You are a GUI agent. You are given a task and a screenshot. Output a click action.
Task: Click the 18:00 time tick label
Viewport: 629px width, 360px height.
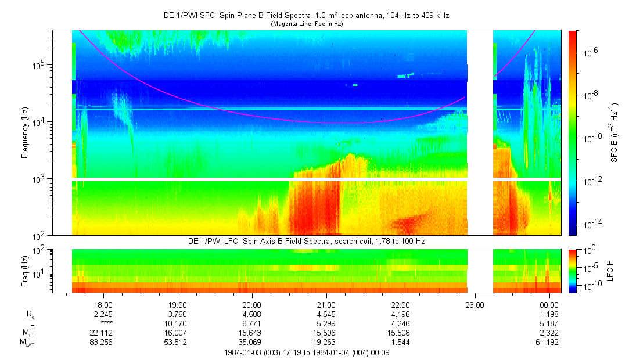click(x=103, y=304)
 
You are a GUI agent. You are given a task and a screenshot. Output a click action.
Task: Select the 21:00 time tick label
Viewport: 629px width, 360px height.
click(x=326, y=304)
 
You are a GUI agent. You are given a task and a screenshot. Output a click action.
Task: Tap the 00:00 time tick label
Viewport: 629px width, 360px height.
click(x=549, y=304)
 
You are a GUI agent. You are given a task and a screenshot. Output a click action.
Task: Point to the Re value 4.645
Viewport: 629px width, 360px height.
click(x=326, y=314)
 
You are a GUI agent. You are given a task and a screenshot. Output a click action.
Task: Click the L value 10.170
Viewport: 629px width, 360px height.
click(x=177, y=323)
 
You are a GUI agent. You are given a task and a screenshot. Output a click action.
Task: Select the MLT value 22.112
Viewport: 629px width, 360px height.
click(x=103, y=333)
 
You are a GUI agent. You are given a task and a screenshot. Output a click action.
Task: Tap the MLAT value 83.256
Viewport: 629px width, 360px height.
click(x=103, y=342)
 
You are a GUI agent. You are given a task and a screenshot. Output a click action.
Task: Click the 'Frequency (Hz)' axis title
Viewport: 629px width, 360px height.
click(x=24, y=132)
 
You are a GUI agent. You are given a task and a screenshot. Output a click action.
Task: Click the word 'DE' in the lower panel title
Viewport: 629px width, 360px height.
click(x=193, y=240)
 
